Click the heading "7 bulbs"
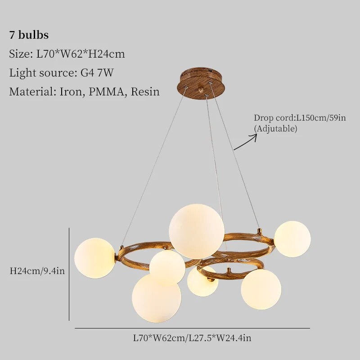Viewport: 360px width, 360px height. [29, 35]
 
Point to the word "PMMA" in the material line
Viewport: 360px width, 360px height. [108, 92]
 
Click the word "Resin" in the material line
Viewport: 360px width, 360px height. [145, 92]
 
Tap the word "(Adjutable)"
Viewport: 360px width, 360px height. [276, 129]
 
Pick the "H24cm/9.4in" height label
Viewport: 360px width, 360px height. [37, 271]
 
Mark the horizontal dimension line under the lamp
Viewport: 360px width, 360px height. [192, 328]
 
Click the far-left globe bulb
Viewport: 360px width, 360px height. [94, 258]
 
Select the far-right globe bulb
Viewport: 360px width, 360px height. [292, 239]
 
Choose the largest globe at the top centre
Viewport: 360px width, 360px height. [196, 231]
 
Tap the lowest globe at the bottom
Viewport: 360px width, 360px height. [156, 298]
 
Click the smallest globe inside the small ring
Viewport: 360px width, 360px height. [202, 282]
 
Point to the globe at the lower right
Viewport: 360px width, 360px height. [261, 289]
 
